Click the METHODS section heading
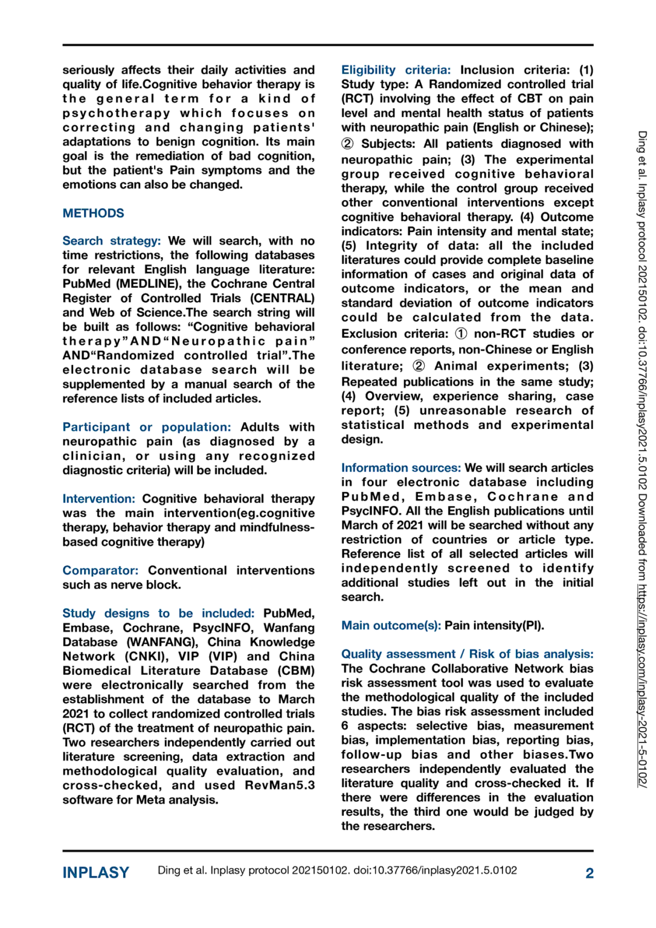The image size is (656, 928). (93, 213)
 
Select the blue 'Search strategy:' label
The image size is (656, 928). (112, 241)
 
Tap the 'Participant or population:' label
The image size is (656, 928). (147, 427)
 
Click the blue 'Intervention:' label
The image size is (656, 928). (98, 499)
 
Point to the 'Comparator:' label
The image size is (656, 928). (100, 570)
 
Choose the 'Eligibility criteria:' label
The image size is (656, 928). (396, 70)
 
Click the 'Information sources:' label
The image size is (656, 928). (400, 468)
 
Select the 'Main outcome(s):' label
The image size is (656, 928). (391, 625)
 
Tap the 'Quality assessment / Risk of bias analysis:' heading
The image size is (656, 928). (467, 654)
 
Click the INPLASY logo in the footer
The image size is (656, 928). (96, 872)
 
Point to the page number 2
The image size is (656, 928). (589, 873)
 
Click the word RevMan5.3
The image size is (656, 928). (280, 785)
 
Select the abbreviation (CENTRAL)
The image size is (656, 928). (282, 298)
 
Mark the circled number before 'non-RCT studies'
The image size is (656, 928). (461, 333)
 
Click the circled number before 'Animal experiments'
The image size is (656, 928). (419, 366)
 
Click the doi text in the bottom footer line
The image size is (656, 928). (435, 871)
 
